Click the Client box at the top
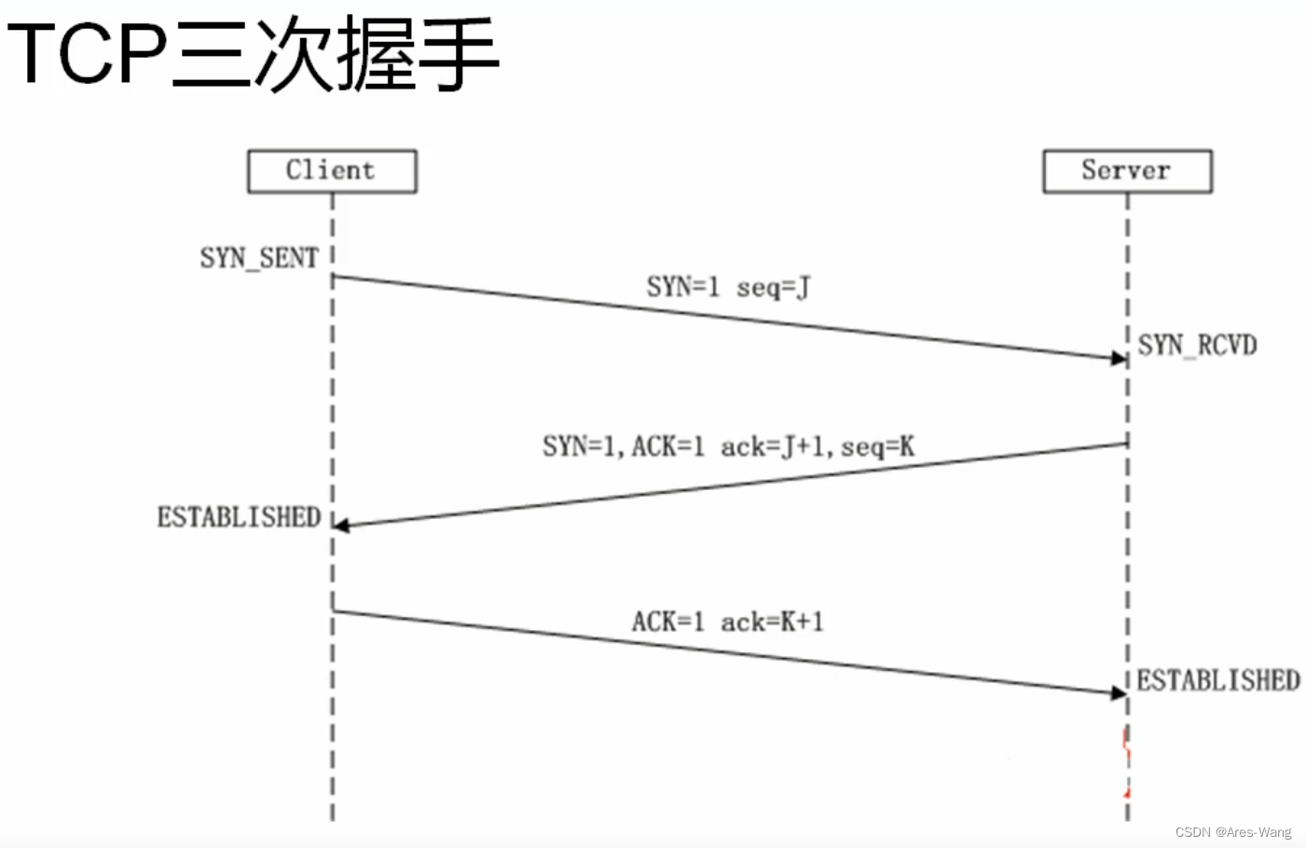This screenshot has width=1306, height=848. pyautogui.click(x=331, y=171)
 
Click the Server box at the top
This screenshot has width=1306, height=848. pyautogui.click(x=1126, y=171)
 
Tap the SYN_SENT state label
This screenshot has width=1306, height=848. pyautogui.click(x=259, y=258)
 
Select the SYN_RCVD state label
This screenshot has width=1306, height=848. pyautogui.click(x=1197, y=346)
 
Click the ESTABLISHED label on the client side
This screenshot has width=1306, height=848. pyautogui.click(x=239, y=517)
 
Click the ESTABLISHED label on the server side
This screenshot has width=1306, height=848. pyautogui.click(x=1218, y=680)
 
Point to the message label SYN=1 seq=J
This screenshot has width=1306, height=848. pyautogui.click(x=728, y=287)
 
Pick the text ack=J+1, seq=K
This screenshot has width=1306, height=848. pyautogui.click(x=818, y=447)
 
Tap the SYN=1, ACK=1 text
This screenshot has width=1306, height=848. pyautogui.click(x=624, y=447)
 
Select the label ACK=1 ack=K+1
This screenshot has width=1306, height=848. pyautogui.click(x=727, y=622)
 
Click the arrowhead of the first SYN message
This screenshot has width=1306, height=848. pyautogui.click(x=1120, y=358)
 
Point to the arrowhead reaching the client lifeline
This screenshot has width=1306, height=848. pyautogui.click(x=341, y=526)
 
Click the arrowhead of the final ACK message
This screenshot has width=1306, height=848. pyautogui.click(x=1120, y=692)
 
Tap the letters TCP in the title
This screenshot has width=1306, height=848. pyautogui.click(x=88, y=54)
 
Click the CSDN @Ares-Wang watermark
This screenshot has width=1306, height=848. pyautogui.click(x=1232, y=832)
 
